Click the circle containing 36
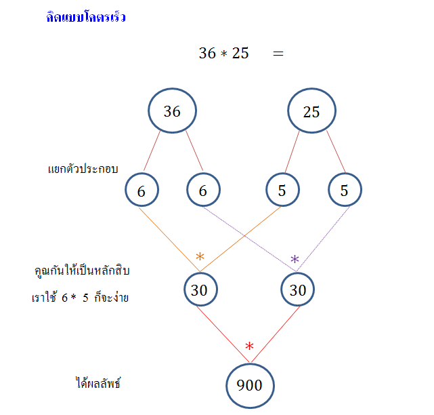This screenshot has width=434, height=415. [x=173, y=111]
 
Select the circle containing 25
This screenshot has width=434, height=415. [x=311, y=111]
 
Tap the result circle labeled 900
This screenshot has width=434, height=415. [x=250, y=385]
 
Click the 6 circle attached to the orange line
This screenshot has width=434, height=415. [x=142, y=191]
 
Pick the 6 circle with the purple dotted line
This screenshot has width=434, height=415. [x=203, y=191]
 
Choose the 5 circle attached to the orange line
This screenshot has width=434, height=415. [x=282, y=191]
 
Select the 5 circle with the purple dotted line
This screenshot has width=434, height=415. [x=345, y=191]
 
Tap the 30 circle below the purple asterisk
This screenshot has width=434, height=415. [x=298, y=290]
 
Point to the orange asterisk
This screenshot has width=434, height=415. [x=200, y=257]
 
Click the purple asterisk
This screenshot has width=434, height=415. [x=295, y=260]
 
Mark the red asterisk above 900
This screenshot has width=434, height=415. [x=249, y=347]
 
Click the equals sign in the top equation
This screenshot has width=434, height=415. [x=278, y=53]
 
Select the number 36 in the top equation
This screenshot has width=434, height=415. [x=207, y=53]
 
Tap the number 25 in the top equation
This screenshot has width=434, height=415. [x=240, y=53]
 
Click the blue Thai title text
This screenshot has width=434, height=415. [x=85, y=18]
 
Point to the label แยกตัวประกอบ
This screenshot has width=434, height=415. [x=83, y=169]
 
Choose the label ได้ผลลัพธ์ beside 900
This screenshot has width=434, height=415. [x=97, y=384]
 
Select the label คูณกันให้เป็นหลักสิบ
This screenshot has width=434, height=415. [x=81, y=271]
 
